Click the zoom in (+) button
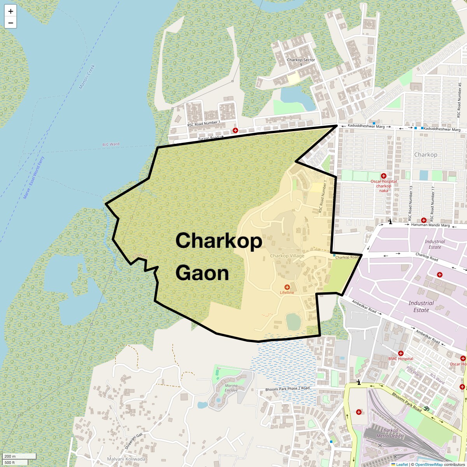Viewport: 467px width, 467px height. [11, 11]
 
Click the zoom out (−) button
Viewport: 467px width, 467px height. [11, 23]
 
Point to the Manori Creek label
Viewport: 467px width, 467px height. [87, 77]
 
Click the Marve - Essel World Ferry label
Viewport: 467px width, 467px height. [34, 177]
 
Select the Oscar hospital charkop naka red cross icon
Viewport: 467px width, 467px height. [383, 176]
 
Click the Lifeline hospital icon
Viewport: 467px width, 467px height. [287, 287]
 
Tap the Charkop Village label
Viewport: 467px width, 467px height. [287, 256]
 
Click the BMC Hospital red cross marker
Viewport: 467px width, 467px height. [400, 353]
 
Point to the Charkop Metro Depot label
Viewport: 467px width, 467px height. [389, 433]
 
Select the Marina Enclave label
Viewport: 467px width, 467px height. [231, 388]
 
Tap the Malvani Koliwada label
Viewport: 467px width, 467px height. [126, 459]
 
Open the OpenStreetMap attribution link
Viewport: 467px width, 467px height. [428, 464]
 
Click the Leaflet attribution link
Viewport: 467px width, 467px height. [402, 464]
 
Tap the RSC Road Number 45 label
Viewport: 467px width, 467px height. [460, 100]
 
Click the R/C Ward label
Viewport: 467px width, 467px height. [111, 144]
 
